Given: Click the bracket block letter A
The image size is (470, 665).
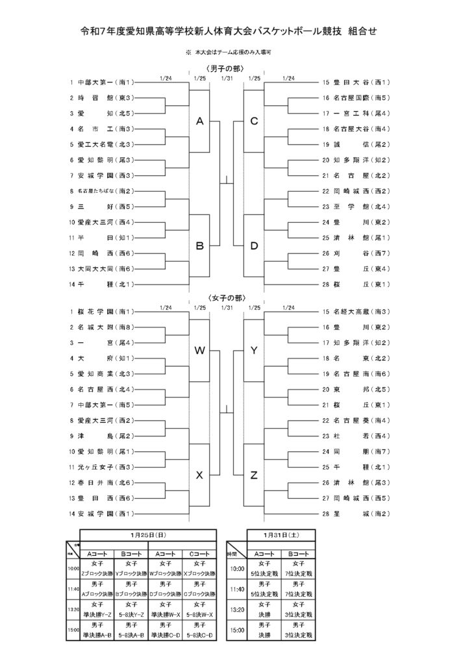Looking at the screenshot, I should [x=200, y=121].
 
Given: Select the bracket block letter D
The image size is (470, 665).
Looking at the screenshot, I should [x=254, y=246].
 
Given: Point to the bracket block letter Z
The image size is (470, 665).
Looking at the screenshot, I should [x=254, y=475].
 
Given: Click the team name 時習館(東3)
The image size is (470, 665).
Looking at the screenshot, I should [x=104, y=98].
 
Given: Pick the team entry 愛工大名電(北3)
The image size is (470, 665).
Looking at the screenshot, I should [x=104, y=144].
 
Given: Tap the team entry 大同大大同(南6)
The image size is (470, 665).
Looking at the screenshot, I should [x=104, y=268].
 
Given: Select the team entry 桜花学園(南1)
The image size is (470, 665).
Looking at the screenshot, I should [x=104, y=311].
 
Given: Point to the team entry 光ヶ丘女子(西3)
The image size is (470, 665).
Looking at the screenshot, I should [x=104, y=466].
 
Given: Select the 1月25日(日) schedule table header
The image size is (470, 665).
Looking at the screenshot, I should [x=148, y=534].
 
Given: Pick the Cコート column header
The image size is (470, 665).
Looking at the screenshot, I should [x=199, y=553].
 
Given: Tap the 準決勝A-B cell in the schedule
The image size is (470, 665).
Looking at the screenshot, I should [x=97, y=634].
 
